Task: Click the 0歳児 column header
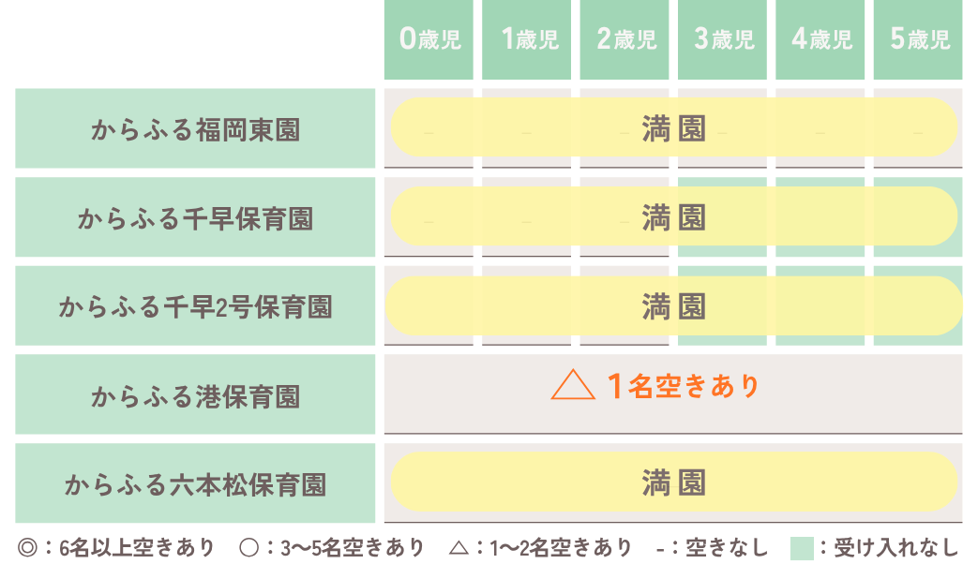[x=430, y=39]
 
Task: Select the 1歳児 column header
[x=529, y=39]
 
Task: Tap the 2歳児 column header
[x=626, y=39]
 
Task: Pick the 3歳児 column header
[x=724, y=39]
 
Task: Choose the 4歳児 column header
[x=821, y=39]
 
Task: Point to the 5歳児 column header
[x=919, y=39]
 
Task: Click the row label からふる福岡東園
[x=195, y=129]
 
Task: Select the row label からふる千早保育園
[x=195, y=218]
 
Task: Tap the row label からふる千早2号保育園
[x=195, y=306]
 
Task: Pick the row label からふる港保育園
[x=195, y=395]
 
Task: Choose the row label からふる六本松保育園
[x=195, y=484]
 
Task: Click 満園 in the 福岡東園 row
[x=673, y=128]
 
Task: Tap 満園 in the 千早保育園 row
[x=673, y=217]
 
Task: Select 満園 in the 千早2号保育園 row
[x=673, y=306]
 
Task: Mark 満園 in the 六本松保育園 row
[x=673, y=483]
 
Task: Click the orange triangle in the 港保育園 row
[x=573, y=386]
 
